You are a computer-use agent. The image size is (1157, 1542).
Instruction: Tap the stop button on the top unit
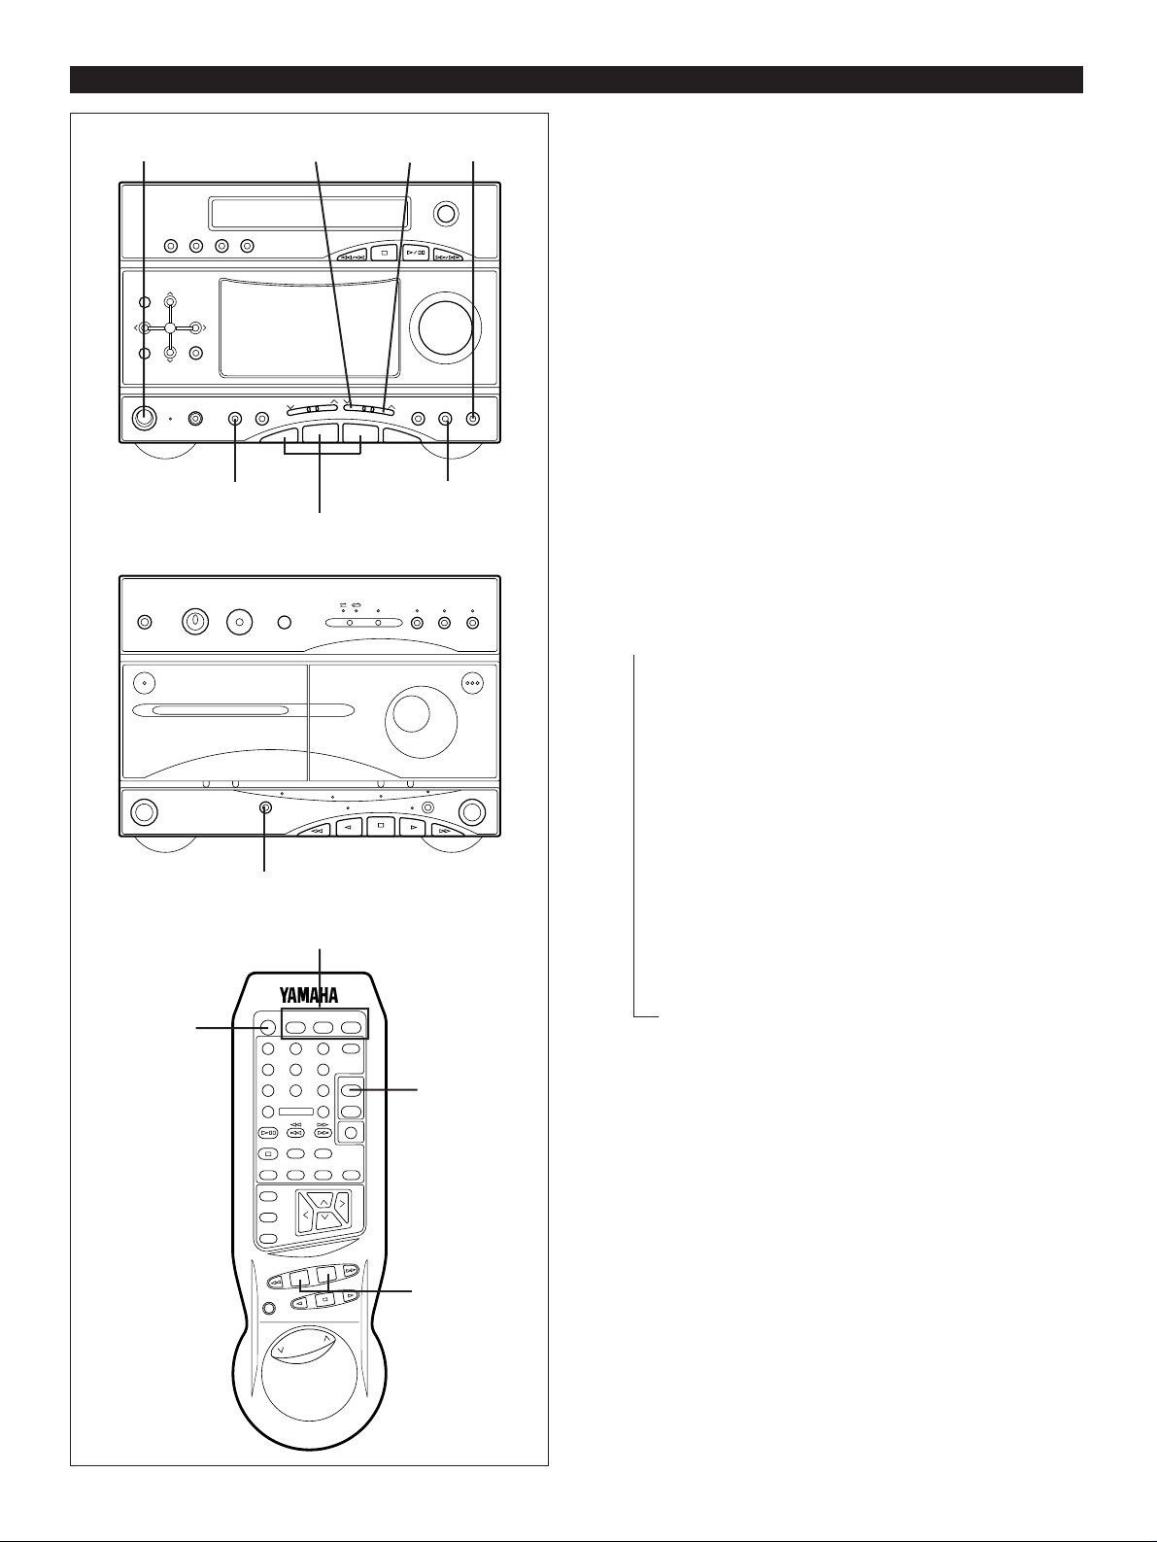[x=385, y=256]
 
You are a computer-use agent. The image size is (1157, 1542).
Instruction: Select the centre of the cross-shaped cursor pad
[x=169, y=328]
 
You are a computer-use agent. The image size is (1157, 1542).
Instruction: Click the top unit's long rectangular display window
[x=309, y=210]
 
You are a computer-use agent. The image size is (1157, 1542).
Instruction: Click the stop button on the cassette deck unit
[x=382, y=829]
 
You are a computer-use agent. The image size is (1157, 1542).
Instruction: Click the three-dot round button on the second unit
[x=472, y=682]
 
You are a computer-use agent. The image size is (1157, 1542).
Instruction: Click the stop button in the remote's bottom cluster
[x=325, y=1298]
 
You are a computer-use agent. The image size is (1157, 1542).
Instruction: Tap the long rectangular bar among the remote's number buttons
[x=295, y=1112]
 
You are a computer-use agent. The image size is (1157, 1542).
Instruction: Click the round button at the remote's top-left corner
[x=268, y=1028]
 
